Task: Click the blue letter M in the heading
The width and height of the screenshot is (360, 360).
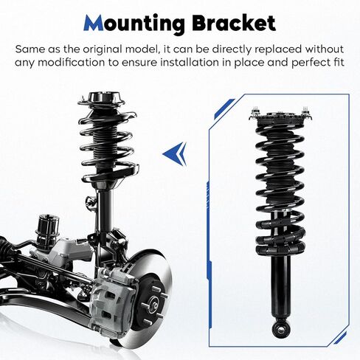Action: (94, 23)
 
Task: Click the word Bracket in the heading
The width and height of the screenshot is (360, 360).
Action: (234, 23)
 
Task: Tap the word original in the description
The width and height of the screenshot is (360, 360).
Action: (103, 50)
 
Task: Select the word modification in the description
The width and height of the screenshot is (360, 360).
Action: (71, 63)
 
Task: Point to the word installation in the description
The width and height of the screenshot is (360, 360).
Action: (190, 63)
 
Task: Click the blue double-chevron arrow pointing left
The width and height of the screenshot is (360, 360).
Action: (175, 153)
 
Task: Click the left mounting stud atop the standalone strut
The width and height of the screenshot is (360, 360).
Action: (255, 112)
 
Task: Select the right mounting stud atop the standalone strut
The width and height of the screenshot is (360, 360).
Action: (305, 112)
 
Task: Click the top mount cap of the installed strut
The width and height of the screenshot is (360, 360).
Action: (106, 98)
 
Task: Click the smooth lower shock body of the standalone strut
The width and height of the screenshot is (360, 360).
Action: (280, 286)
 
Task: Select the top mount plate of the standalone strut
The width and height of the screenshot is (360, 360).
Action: (280, 120)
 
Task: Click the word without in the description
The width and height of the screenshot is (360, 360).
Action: (324, 49)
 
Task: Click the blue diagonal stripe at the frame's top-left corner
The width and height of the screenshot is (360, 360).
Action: (224, 108)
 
